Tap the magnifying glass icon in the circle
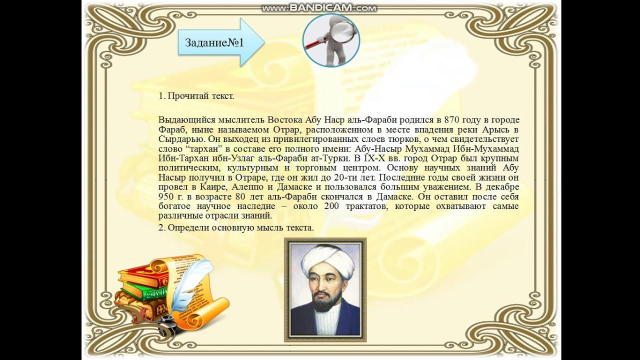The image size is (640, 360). [330, 40]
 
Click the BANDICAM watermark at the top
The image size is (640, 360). [319, 8]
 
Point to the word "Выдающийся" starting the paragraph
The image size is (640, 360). [180, 120]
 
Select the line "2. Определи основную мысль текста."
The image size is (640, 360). [236, 228]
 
